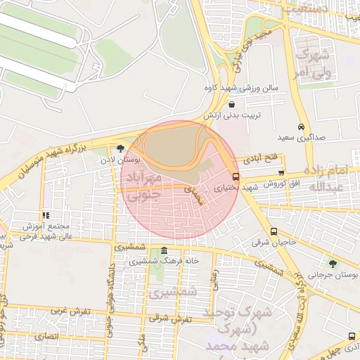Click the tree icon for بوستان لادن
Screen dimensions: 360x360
pos(122,149)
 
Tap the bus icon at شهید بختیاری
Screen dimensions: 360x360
pos(235,177)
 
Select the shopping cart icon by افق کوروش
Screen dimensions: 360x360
pos(281,172)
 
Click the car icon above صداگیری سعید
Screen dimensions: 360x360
pos(301,127)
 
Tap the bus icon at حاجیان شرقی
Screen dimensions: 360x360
pos(274,231)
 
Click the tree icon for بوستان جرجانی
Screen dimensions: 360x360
pos(333,264)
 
